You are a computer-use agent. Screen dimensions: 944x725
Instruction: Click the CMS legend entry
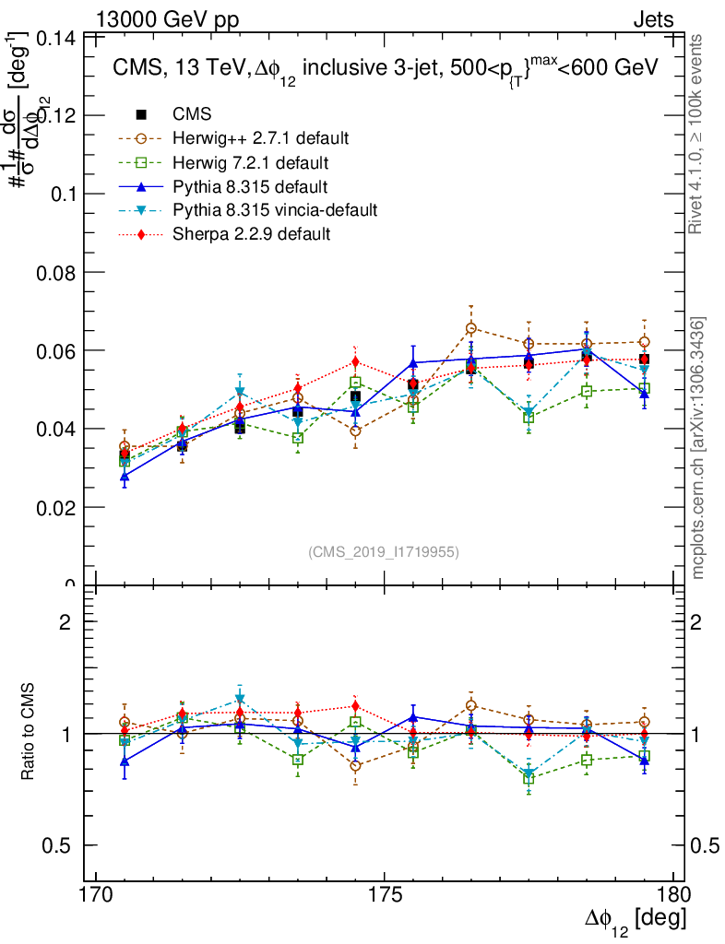click(x=192, y=114)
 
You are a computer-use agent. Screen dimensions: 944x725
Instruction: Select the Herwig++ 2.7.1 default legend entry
click(x=260, y=138)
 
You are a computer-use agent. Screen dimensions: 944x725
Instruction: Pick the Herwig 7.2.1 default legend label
click(x=252, y=162)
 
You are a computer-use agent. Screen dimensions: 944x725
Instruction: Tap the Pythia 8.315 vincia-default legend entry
click(x=275, y=210)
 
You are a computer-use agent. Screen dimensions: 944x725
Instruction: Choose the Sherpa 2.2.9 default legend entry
click(x=251, y=234)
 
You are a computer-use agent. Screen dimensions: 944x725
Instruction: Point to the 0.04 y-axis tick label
click(x=58, y=430)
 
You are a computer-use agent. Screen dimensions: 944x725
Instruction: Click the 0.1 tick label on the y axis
click(x=65, y=195)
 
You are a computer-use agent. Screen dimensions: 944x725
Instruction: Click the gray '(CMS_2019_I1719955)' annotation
click(x=384, y=552)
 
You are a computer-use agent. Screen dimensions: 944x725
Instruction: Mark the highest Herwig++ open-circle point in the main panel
click(x=471, y=328)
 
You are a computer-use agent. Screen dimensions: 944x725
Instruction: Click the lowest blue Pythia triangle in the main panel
click(x=125, y=477)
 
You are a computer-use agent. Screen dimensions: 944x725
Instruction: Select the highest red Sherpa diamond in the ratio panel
click(x=355, y=707)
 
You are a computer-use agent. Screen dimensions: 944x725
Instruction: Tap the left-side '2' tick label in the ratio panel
click(x=65, y=622)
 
